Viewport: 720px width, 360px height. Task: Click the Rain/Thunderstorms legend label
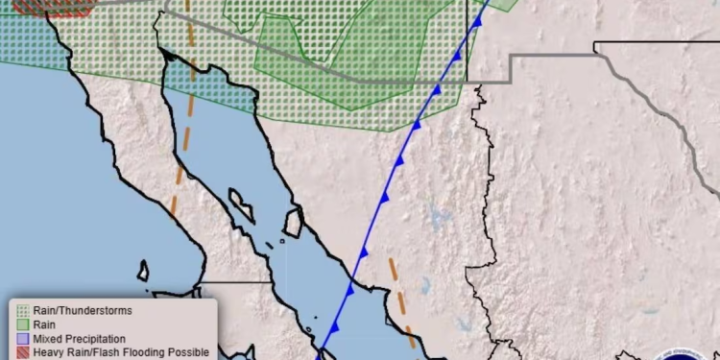tap(83, 310)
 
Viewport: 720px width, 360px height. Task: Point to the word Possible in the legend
tap(185, 352)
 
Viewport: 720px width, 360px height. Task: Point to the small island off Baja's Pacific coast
tap(143, 270)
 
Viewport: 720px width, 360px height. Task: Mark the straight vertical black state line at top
tap(467, 29)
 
